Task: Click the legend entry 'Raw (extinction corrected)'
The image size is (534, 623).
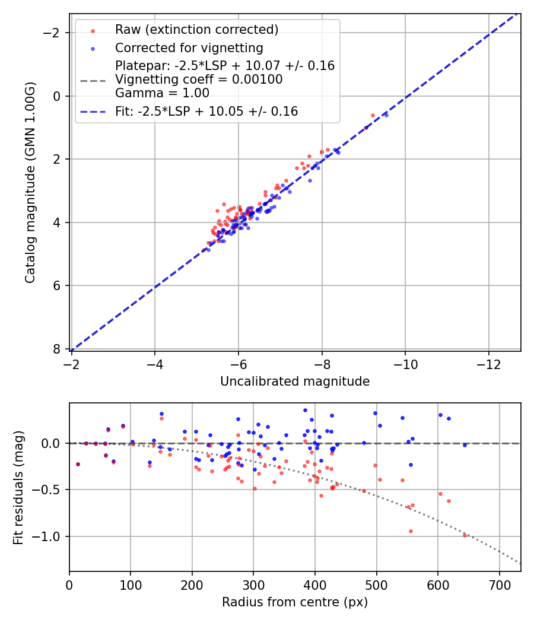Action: pyautogui.click(x=196, y=30)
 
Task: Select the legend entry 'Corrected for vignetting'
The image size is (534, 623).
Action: pyautogui.click(x=189, y=47)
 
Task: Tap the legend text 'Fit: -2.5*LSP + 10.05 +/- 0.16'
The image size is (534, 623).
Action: pyautogui.click(x=206, y=111)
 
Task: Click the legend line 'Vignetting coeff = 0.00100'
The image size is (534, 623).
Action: pyautogui.click(x=199, y=80)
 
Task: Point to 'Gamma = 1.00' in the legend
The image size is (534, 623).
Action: pyautogui.click(x=162, y=93)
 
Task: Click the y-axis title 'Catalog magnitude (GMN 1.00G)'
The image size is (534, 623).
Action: pyautogui.click(x=30, y=182)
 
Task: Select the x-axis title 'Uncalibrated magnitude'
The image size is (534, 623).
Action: pyautogui.click(x=295, y=382)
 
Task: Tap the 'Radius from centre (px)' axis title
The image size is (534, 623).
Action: pyautogui.click(x=295, y=602)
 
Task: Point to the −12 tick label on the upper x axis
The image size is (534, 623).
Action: pyautogui.click(x=489, y=364)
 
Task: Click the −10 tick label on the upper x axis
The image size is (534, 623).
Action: pyautogui.click(x=405, y=364)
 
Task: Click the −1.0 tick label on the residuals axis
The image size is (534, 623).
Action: pyautogui.click(x=52, y=536)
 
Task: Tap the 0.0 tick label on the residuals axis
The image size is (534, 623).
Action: pyautogui.click(x=55, y=443)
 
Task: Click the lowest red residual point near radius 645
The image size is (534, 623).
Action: pyautogui.click(x=465, y=535)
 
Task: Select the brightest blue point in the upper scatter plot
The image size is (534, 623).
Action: pyautogui.click(x=386, y=115)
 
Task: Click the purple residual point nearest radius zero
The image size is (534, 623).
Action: pyautogui.click(x=78, y=464)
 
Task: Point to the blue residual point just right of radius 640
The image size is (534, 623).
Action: pyautogui.click(x=465, y=445)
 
